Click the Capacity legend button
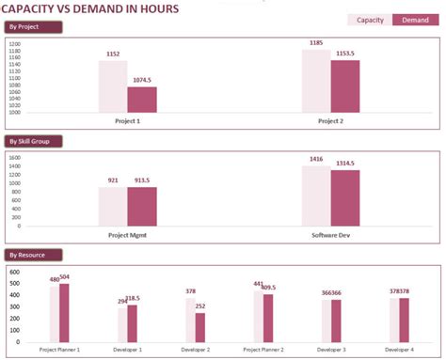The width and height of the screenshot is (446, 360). tap(370, 20)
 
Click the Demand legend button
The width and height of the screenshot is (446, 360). tap(415, 20)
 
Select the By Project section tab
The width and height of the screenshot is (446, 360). tap(34, 27)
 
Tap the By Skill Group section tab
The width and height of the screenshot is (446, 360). tap(34, 142)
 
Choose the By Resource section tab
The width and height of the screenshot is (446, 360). tap(34, 255)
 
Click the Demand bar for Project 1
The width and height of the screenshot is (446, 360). tap(142, 100)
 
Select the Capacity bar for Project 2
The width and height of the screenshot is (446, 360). tap(316, 81)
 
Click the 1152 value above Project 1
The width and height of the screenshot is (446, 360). tap(113, 55)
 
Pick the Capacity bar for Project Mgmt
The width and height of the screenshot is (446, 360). tap(113, 206)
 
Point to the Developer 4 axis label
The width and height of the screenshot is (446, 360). tap(398, 350)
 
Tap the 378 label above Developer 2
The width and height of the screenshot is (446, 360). tap(190, 291)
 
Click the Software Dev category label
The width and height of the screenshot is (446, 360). tap(330, 235)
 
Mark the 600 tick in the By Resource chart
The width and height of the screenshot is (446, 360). tap(14, 272)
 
